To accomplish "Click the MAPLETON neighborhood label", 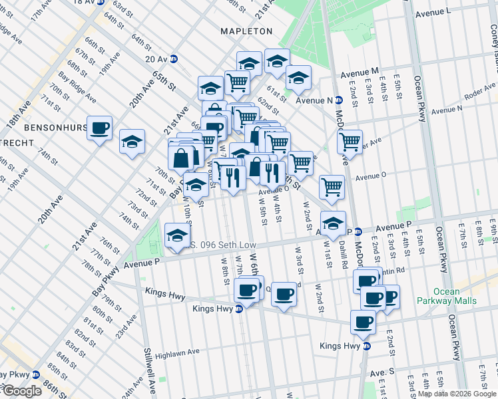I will click(247, 31).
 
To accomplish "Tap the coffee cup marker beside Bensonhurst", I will click(100, 128).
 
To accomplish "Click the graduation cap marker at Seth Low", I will click(176, 235).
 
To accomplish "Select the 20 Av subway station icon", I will click(174, 59).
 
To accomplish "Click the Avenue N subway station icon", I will click(339, 100).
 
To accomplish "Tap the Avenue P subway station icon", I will click(358, 232).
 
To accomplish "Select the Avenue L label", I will click(433, 13).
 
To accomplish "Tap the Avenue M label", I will click(360, 71).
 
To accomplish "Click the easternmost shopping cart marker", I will click(349, 140).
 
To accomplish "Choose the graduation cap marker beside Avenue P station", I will click(333, 222).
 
